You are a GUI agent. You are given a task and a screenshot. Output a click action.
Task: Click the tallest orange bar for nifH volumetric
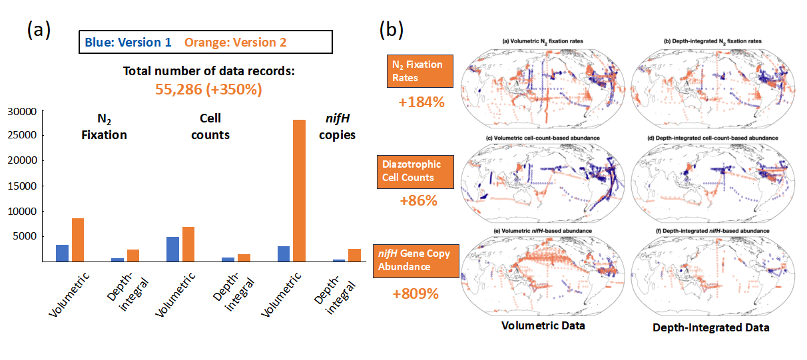[x=299, y=190]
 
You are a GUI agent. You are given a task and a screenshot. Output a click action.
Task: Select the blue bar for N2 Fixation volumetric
[x=62, y=253]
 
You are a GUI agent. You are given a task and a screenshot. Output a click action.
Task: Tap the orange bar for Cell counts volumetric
[x=188, y=244]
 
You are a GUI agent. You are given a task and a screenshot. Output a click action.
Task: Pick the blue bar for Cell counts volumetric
[x=172, y=249]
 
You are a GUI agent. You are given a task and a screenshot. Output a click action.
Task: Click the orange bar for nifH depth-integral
[x=354, y=256]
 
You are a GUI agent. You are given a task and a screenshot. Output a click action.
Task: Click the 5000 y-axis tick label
[x=25, y=236]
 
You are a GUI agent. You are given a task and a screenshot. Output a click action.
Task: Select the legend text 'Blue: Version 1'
[x=128, y=43]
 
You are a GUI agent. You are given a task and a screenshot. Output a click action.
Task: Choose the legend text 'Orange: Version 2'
[x=236, y=43]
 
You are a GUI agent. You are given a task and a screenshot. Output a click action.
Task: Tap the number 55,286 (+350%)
[x=208, y=89]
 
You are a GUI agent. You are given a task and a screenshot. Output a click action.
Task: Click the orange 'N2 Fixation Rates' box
[x=420, y=71]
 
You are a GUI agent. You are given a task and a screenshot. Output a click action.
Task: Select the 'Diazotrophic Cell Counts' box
[x=415, y=172]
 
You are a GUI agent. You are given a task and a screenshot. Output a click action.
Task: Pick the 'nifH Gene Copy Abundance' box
[x=416, y=261]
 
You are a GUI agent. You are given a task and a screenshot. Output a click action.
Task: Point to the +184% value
[x=421, y=102]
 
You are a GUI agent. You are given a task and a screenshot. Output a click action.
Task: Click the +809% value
[x=415, y=293]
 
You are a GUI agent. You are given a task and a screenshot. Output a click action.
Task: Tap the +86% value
[x=418, y=200]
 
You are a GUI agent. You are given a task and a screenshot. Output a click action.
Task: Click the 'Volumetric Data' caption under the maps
[x=543, y=326]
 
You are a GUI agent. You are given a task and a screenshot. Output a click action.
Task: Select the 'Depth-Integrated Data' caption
[x=711, y=327]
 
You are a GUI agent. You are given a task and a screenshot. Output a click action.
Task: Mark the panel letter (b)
[x=392, y=29]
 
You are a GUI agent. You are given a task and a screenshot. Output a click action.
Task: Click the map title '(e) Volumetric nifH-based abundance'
[x=543, y=231]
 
